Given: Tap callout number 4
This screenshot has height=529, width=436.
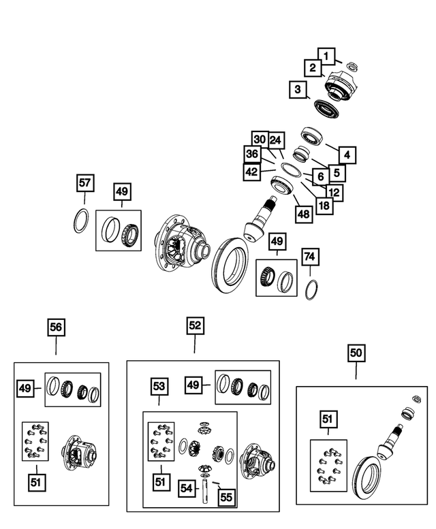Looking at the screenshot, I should (347, 155).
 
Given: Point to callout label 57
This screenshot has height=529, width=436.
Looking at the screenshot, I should (84, 183).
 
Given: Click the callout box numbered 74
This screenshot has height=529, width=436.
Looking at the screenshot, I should (310, 257).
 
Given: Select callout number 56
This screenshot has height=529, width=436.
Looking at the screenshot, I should (56, 328).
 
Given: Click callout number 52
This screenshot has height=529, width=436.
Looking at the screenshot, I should (195, 326).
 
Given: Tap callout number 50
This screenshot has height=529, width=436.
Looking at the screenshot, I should (356, 353).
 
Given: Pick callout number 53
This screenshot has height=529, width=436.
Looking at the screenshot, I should (159, 387).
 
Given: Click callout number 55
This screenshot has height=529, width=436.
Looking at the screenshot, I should (226, 498).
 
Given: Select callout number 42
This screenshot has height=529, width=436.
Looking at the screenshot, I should (252, 172).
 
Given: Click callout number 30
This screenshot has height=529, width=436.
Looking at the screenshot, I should (260, 139).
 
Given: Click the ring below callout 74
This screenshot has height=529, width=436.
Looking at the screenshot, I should (311, 288).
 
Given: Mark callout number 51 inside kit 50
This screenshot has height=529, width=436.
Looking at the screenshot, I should (328, 419).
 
